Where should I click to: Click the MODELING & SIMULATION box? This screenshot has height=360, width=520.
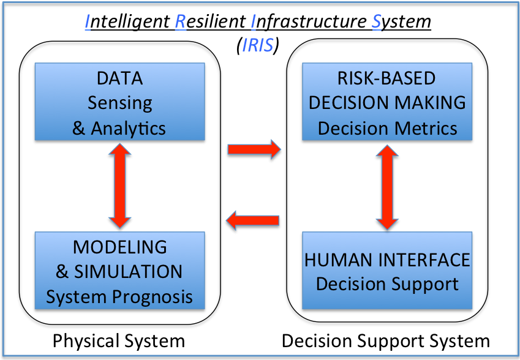(x=119, y=269)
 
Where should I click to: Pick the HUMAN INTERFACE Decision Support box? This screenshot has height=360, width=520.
(x=387, y=269)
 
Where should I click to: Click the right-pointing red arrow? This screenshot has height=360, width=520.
(x=254, y=149)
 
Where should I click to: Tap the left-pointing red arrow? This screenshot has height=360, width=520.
(x=254, y=219)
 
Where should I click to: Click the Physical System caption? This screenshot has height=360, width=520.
(x=119, y=340)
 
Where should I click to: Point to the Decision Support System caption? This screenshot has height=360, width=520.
(x=386, y=340)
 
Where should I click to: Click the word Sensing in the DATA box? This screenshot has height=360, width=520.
(x=119, y=102)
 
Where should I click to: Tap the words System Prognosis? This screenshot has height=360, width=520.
(x=119, y=297)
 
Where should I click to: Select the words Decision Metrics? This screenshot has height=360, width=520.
(x=387, y=128)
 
